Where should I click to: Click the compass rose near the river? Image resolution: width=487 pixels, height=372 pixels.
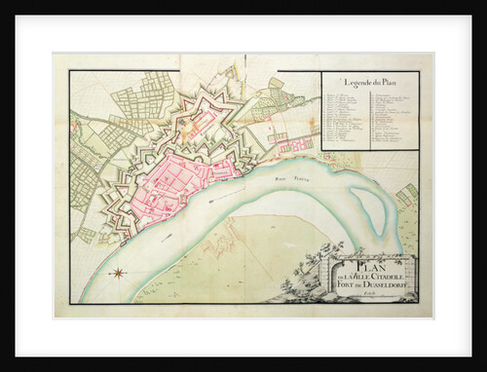click(x=118, y=273)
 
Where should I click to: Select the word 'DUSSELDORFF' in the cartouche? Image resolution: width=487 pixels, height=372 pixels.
click(x=374, y=285)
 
